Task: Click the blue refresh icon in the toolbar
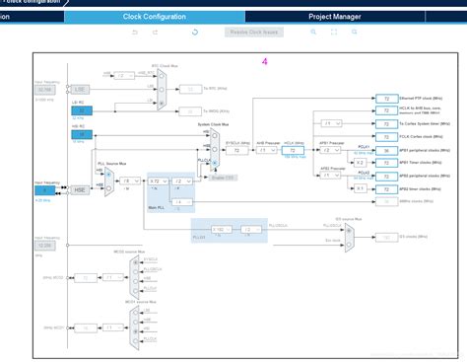[195, 32]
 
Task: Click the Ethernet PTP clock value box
[387, 100]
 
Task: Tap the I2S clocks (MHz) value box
[387, 237]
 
